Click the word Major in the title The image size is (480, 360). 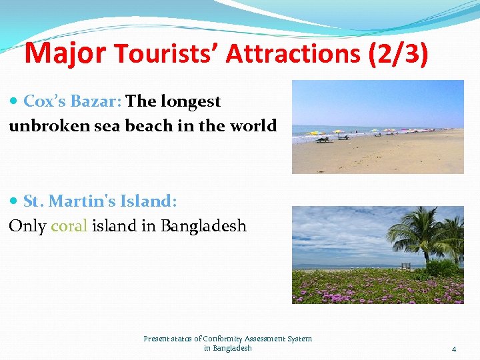point(65,53)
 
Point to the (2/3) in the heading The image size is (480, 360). point(398,54)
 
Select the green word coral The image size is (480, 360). point(69,225)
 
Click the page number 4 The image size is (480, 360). point(453,349)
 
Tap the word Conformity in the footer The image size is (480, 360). point(225,339)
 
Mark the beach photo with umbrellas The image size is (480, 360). point(377,127)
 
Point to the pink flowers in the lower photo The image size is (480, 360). point(360,287)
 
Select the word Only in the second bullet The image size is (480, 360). point(27,225)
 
